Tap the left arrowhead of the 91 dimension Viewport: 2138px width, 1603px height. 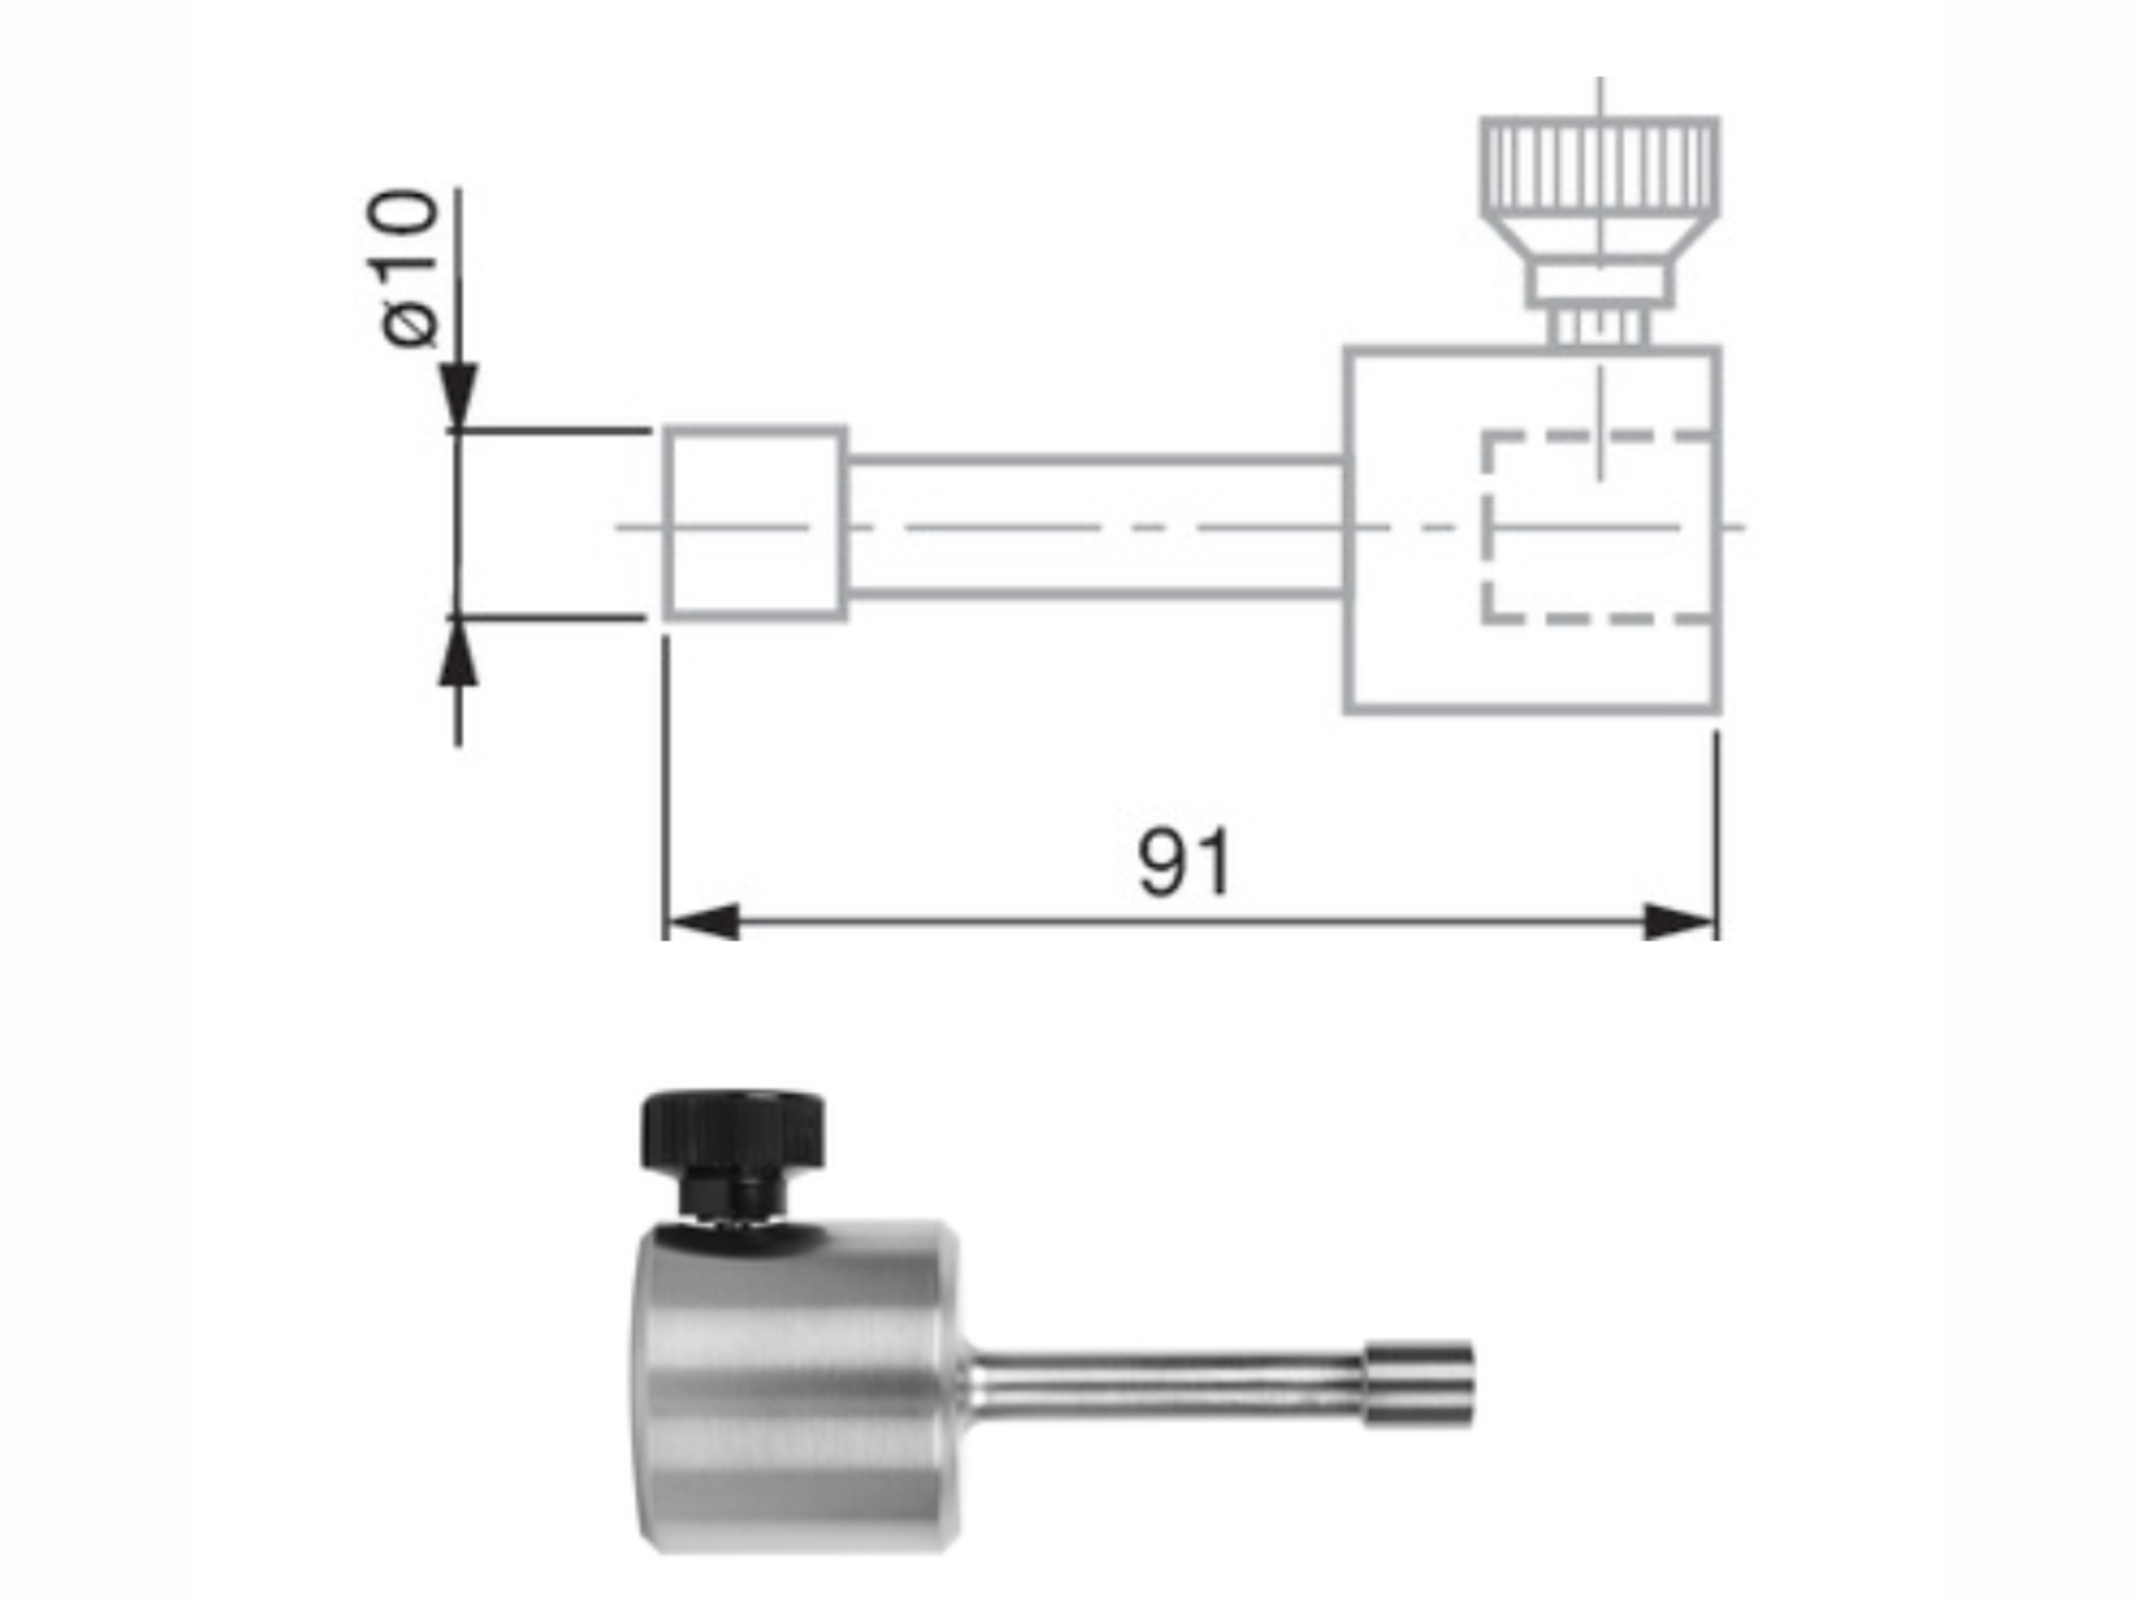point(704,922)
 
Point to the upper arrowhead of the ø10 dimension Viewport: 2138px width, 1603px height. point(459,396)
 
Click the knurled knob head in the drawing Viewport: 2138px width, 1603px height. point(1599,164)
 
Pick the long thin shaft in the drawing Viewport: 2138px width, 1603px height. point(1092,527)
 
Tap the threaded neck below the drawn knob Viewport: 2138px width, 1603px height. point(1599,328)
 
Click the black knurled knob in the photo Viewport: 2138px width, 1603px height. point(732,1128)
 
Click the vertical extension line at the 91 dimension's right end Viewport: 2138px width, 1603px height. point(1716,831)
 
